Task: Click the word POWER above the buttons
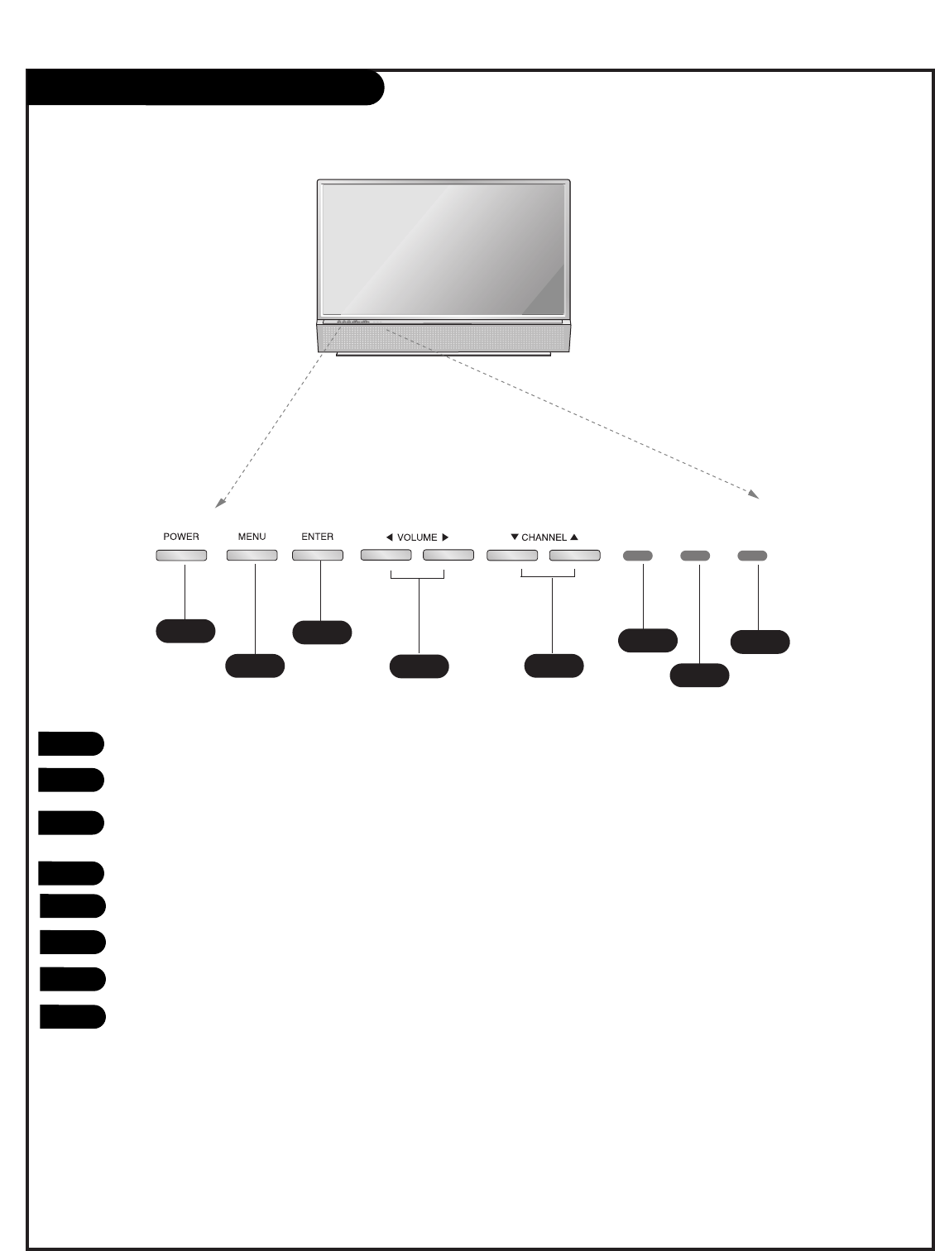[x=181, y=537]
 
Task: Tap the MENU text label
[x=252, y=537]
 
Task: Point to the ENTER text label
[x=318, y=537]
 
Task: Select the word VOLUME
[x=417, y=537]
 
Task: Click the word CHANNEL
[x=544, y=537]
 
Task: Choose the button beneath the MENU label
[x=252, y=556]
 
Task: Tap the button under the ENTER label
[x=318, y=556]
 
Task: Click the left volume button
[x=386, y=556]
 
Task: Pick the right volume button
[x=448, y=556]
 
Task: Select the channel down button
[x=512, y=556]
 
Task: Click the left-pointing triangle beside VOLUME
[x=389, y=537]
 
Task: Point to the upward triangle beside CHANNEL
[x=574, y=537]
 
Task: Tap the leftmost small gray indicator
[x=638, y=556]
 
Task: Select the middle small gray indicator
[x=695, y=556]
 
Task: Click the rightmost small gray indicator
[x=752, y=556]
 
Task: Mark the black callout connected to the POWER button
[x=185, y=631]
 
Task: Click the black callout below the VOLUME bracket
[x=420, y=666]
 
